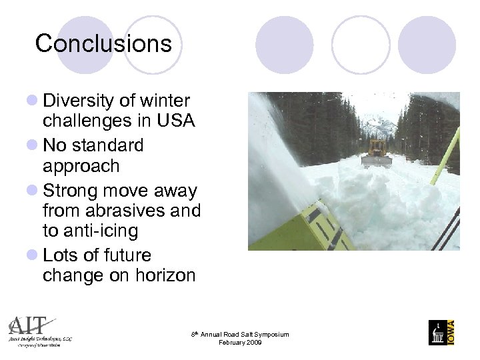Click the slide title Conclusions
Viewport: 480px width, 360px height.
point(103,44)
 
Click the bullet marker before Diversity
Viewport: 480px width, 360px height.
point(31,102)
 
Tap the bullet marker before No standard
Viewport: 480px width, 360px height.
point(31,145)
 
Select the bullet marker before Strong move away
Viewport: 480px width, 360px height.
point(31,191)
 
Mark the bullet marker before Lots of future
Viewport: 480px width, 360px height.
point(31,256)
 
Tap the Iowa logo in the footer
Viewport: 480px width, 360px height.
point(441,332)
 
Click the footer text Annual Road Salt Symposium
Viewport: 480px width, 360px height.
point(243,334)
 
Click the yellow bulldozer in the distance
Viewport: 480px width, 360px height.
point(377,153)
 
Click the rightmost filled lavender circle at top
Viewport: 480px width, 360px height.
point(427,45)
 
